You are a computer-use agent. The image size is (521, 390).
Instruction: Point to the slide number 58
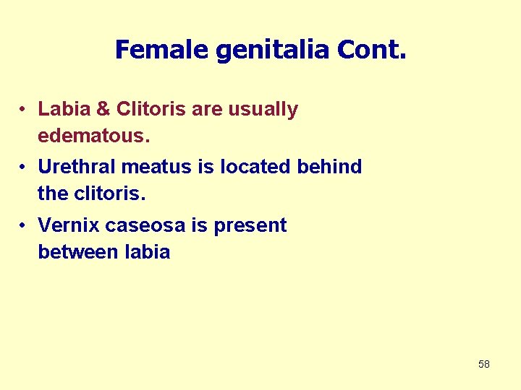(484, 364)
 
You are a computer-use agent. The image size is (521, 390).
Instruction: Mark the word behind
(330, 167)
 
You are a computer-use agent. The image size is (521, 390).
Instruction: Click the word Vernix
(69, 225)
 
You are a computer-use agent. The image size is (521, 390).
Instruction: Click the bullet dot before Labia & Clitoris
(24, 110)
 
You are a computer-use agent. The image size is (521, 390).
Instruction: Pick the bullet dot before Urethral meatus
(24, 168)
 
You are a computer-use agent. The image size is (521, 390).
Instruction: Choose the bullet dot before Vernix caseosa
(24, 226)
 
